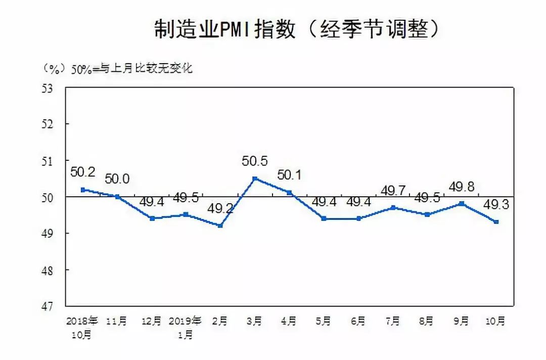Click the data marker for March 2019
(255, 178)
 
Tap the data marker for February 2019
(220, 226)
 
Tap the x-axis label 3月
(255, 321)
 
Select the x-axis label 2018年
(82, 321)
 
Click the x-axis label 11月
(117, 321)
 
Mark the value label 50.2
(83, 172)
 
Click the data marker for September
(461, 203)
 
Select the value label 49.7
(393, 191)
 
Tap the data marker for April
(289, 193)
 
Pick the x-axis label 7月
(392, 321)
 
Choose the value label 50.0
(117, 179)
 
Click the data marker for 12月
(152, 218)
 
